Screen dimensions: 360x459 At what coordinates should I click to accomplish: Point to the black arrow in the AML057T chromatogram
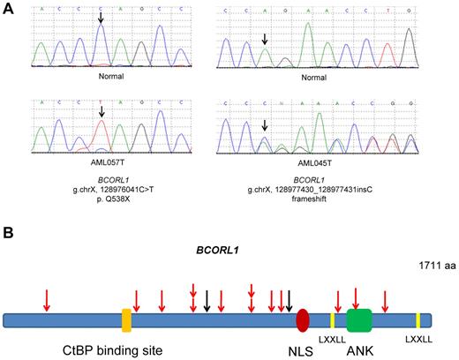(x=102, y=112)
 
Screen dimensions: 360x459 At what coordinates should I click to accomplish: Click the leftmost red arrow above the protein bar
(x=47, y=300)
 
